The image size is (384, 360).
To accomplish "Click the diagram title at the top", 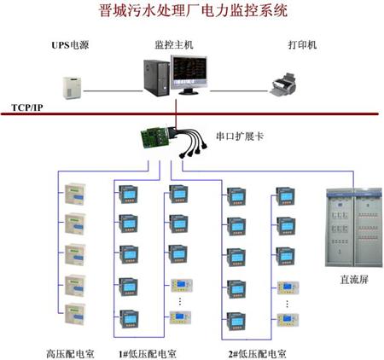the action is (193, 11).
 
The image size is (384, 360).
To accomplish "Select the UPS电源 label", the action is (70, 45).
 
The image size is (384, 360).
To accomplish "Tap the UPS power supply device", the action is (72, 88).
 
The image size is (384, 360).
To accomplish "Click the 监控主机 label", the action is (174, 44).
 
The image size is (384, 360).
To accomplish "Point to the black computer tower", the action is (156, 78).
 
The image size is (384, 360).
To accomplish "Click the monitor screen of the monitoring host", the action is (189, 71).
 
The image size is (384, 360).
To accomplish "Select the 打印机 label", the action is (302, 44).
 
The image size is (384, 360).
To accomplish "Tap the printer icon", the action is (284, 84).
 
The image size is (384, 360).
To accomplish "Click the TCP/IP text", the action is (27, 107).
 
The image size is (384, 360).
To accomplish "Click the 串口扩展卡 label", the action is (240, 136).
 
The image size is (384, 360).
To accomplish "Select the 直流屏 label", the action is (354, 280).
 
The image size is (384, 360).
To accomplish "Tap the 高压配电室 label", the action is (70, 354).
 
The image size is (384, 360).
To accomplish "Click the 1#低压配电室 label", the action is (148, 354).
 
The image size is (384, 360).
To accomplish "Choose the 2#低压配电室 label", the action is (258, 354).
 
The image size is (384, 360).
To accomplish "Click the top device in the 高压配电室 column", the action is (75, 194).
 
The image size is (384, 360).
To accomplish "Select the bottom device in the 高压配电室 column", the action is (75, 314).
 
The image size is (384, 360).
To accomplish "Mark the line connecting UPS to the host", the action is (113, 91).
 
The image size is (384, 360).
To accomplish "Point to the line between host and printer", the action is (239, 91).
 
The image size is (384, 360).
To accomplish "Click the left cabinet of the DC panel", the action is (340, 228).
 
